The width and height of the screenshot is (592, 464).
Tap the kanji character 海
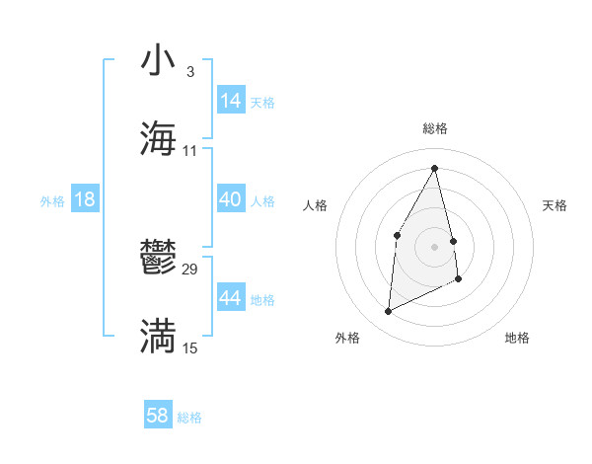[158, 138]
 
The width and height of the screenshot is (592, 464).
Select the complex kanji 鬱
[158, 258]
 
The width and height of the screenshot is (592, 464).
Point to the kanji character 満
[158, 336]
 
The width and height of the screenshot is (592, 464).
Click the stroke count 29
[190, 269]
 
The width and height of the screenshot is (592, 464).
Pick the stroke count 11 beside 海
[190, 150]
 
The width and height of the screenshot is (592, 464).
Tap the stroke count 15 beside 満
[190, 348]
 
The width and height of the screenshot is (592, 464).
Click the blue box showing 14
[231, 101]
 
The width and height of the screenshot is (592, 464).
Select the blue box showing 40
[231, 199]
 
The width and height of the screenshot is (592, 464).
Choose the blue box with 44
[231, 298]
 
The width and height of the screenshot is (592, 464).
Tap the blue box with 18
[84, 199]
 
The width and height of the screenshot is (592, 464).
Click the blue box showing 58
[158, 416]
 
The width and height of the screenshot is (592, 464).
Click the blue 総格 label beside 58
[189, 418]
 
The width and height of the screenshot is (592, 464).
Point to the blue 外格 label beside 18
[52, 201]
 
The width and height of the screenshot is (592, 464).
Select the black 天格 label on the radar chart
[555, 205]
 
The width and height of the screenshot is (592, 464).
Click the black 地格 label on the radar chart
[517, 338]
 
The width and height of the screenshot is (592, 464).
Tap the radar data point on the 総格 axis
[435, 168]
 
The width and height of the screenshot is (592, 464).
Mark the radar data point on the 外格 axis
[388, 312]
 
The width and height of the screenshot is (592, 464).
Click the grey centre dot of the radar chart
[435, 246]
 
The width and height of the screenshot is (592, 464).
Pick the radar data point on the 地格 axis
[459, 279]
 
